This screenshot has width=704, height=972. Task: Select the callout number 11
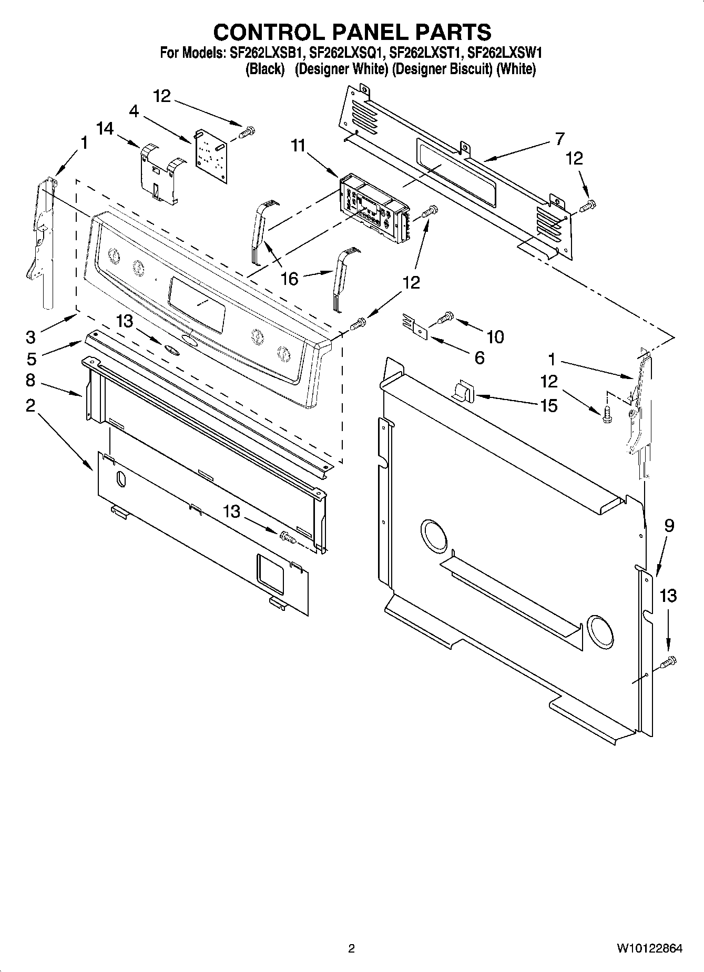[298, 146]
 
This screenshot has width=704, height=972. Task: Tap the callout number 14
[105, 129]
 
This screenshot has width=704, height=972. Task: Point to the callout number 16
[290, 279]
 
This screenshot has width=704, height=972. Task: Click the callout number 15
[549, 405]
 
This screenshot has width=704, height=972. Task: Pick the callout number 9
[669, 525]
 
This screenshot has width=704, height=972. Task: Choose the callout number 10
[495, 336]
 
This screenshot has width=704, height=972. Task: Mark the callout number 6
[479, 357]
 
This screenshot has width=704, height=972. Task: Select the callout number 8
[30, 380]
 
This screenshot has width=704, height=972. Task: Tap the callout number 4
[134, 111]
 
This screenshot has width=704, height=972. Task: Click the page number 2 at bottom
[351, 948]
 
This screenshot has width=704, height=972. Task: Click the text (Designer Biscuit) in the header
[442, 69]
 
